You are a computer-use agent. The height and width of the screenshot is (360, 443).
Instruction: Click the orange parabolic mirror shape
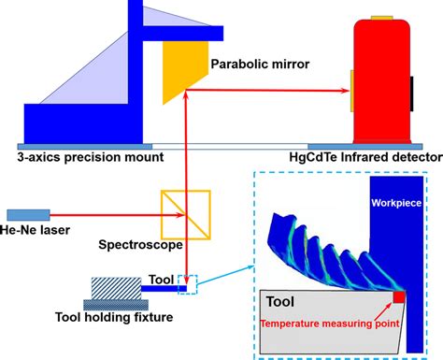[181, 65]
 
